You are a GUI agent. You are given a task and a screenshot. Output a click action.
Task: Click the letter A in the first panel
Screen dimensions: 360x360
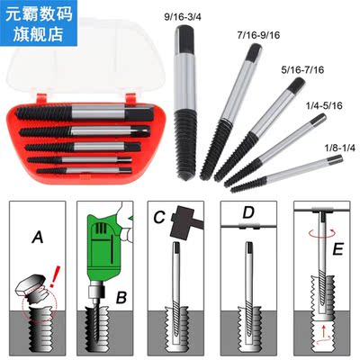coord(37,238)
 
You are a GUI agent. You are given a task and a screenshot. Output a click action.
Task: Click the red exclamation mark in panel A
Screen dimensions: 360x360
coord(60,271)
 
